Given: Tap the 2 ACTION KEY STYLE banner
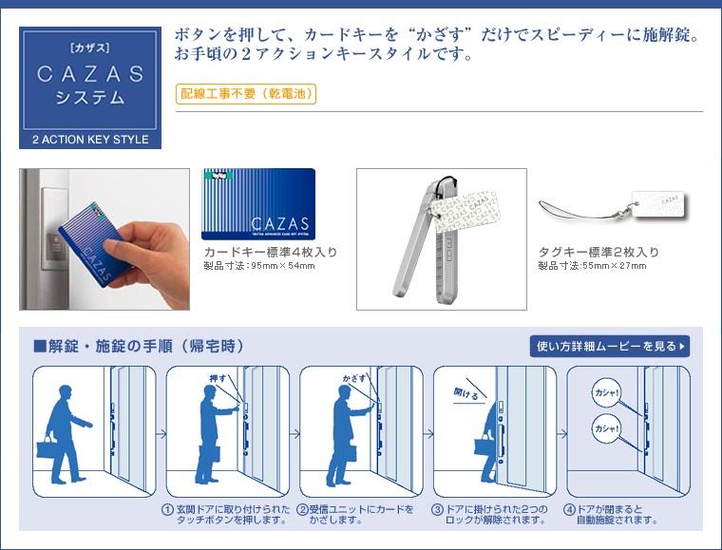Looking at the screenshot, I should tap(90, 140).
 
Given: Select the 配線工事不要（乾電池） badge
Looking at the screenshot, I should tap(245, 93).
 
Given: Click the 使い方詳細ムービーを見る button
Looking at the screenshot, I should tap(609, 346).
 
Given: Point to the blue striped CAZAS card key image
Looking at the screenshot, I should tap(258, 203).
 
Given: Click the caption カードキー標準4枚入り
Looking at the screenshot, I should tap(271, 253).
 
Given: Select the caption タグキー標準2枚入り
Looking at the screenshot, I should tap(598, 253).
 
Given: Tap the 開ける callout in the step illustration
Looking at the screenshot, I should tap(466, 393).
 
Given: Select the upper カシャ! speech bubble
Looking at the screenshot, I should tap(606, 392).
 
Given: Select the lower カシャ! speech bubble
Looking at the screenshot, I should tap(606, 428).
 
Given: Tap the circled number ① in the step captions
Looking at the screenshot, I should tap(168, 510).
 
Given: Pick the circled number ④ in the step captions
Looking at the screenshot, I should tap(569, 510).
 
